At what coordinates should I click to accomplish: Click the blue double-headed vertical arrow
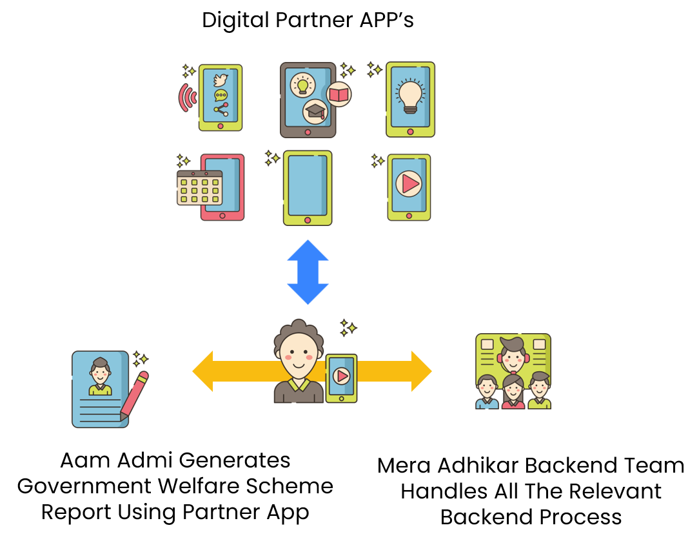pyautogui.click(x=308, y=272)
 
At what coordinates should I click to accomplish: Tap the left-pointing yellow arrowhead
pyautogui.click(x=204, y=371)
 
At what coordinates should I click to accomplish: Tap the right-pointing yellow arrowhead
pyautogui.click(x=420, y=371)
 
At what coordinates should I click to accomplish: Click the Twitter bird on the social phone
pyautogui.click(x=221, y=80)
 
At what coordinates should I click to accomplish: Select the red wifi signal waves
pyautogui.click(x=187, y=97)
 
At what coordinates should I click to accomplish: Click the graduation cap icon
pyautogui.click(x=315, y=111)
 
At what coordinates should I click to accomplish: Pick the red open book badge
pyautogui.click(x=339, y=95)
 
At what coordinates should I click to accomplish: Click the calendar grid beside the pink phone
pyautogui.click(x=199, y=188)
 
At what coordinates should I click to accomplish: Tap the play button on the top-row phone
pyautogui.click(x=409, y=184)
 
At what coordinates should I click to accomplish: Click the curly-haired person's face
pyautogui.click(x=299, y=356)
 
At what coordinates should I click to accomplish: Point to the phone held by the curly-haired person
pyautogui.click(x=341, y=378)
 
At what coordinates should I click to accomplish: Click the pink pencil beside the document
pyautogui.click(x=134, y=395)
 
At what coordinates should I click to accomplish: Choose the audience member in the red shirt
pyautogui.click(x=513, y=393)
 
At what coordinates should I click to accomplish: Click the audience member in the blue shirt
pyautogui.click(x=487, y=392)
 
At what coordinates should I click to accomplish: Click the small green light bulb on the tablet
pyautogui.click(x=302, y=85)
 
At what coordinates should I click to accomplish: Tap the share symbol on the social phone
pyautogui.click(x=221, y=109)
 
